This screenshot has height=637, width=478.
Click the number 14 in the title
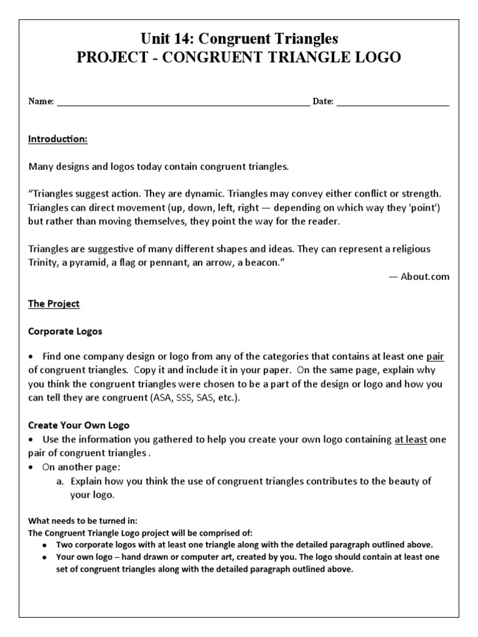[x=185, y=39]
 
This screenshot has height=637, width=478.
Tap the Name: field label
[x=41, y=101]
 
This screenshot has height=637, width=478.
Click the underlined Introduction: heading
[x=58, y=139]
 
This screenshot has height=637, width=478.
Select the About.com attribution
[x=419, y=277]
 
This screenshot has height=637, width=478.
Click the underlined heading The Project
[x=54, y=304]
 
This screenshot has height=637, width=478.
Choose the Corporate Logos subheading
[x=65, y=332]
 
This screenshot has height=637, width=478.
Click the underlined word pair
[x=434, y=357]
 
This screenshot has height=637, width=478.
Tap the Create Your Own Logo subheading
[x=78, y=425]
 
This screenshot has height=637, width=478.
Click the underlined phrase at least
[x=410, y=439]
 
